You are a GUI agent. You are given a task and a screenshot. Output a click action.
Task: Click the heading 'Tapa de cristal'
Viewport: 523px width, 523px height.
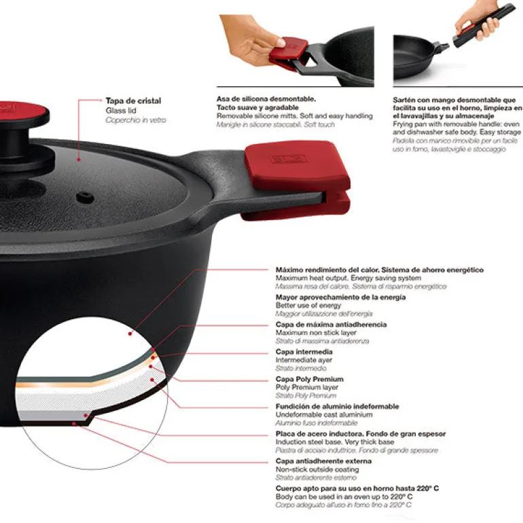coord(133,101)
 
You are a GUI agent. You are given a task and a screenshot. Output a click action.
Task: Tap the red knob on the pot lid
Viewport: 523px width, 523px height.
coord(22,112)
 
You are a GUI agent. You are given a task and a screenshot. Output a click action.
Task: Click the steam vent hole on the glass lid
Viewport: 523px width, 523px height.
coord(85,197)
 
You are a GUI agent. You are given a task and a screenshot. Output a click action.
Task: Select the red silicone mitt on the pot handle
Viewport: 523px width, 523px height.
coord(296,179)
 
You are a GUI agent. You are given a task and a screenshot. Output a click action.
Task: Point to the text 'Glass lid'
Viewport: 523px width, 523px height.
coord(121,111)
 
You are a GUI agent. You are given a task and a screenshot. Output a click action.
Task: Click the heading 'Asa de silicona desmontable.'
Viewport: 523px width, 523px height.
coord(266,99)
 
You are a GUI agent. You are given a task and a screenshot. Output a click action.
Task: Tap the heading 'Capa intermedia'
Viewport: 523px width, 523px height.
coord(304,352)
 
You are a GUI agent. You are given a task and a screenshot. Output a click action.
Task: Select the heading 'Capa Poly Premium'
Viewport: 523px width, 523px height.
coord(310,379)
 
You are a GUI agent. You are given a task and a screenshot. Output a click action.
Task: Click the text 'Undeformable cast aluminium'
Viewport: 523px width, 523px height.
coord(324,414)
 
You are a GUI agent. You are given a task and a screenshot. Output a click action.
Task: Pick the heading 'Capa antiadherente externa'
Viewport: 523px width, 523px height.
coord(323,461)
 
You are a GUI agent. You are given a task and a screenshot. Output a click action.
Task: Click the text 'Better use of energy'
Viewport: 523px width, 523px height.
coord(308,305)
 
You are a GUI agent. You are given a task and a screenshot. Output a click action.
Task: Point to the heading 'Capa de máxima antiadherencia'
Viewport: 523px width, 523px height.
coord(331,324)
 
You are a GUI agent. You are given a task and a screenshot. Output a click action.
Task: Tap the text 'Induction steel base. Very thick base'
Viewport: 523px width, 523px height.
coord(335,442)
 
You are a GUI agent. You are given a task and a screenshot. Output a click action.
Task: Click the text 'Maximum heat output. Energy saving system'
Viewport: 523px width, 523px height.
coord(348,278)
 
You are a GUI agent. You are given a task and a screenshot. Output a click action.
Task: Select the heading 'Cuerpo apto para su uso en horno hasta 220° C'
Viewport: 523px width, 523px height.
coord(357,488)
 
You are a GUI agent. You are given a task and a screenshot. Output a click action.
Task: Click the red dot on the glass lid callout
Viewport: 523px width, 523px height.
coord(79,160)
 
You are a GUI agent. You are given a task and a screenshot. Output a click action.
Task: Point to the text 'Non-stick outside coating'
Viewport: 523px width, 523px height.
coord(317,469)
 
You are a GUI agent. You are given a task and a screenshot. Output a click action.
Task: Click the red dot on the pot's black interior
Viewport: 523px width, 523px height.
coord(130,333)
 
